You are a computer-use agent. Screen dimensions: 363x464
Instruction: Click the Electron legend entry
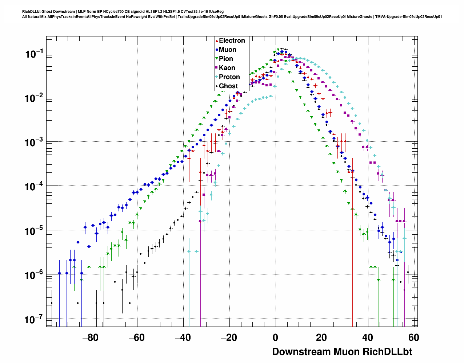(x=232, y=40)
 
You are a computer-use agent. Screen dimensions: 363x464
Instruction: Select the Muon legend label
(x=227, y=50)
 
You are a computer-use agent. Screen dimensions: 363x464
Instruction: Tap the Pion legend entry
(x=226, y=59)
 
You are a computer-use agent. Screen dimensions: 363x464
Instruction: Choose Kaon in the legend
(x=227, y=68)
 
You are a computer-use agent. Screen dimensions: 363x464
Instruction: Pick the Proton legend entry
(x=229, y=77)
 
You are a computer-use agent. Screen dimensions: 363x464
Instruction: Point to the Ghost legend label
(x=228, y=86)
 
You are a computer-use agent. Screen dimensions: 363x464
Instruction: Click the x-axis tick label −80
(x=90, y=337)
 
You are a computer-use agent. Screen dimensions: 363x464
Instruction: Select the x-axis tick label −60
(x=136, y=337)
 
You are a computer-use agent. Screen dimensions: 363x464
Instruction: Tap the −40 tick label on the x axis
(x=183, y=337)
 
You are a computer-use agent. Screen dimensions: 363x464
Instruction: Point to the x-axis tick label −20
(x=229, y=337)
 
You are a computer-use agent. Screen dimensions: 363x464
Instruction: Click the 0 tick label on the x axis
(x=275, y=337)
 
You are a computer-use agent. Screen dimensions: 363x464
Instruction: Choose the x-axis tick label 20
(x=321, y=337)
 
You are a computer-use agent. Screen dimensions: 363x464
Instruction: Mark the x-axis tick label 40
(x=368, y=337)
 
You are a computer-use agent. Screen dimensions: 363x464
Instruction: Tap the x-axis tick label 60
(x=413, y=337)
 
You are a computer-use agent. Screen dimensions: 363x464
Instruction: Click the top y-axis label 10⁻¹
(x=35, y=54)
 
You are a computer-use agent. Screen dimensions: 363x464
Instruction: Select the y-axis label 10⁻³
(x=35, y=143)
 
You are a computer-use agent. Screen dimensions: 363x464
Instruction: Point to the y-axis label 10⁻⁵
(x=35, y=231)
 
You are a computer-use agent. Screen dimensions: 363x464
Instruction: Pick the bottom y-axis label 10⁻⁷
(x=35, y=320)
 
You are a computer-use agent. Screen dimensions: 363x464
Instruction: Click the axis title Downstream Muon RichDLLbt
(x=342, y=352)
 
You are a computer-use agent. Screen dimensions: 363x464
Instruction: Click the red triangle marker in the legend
(x=217, y=40)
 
